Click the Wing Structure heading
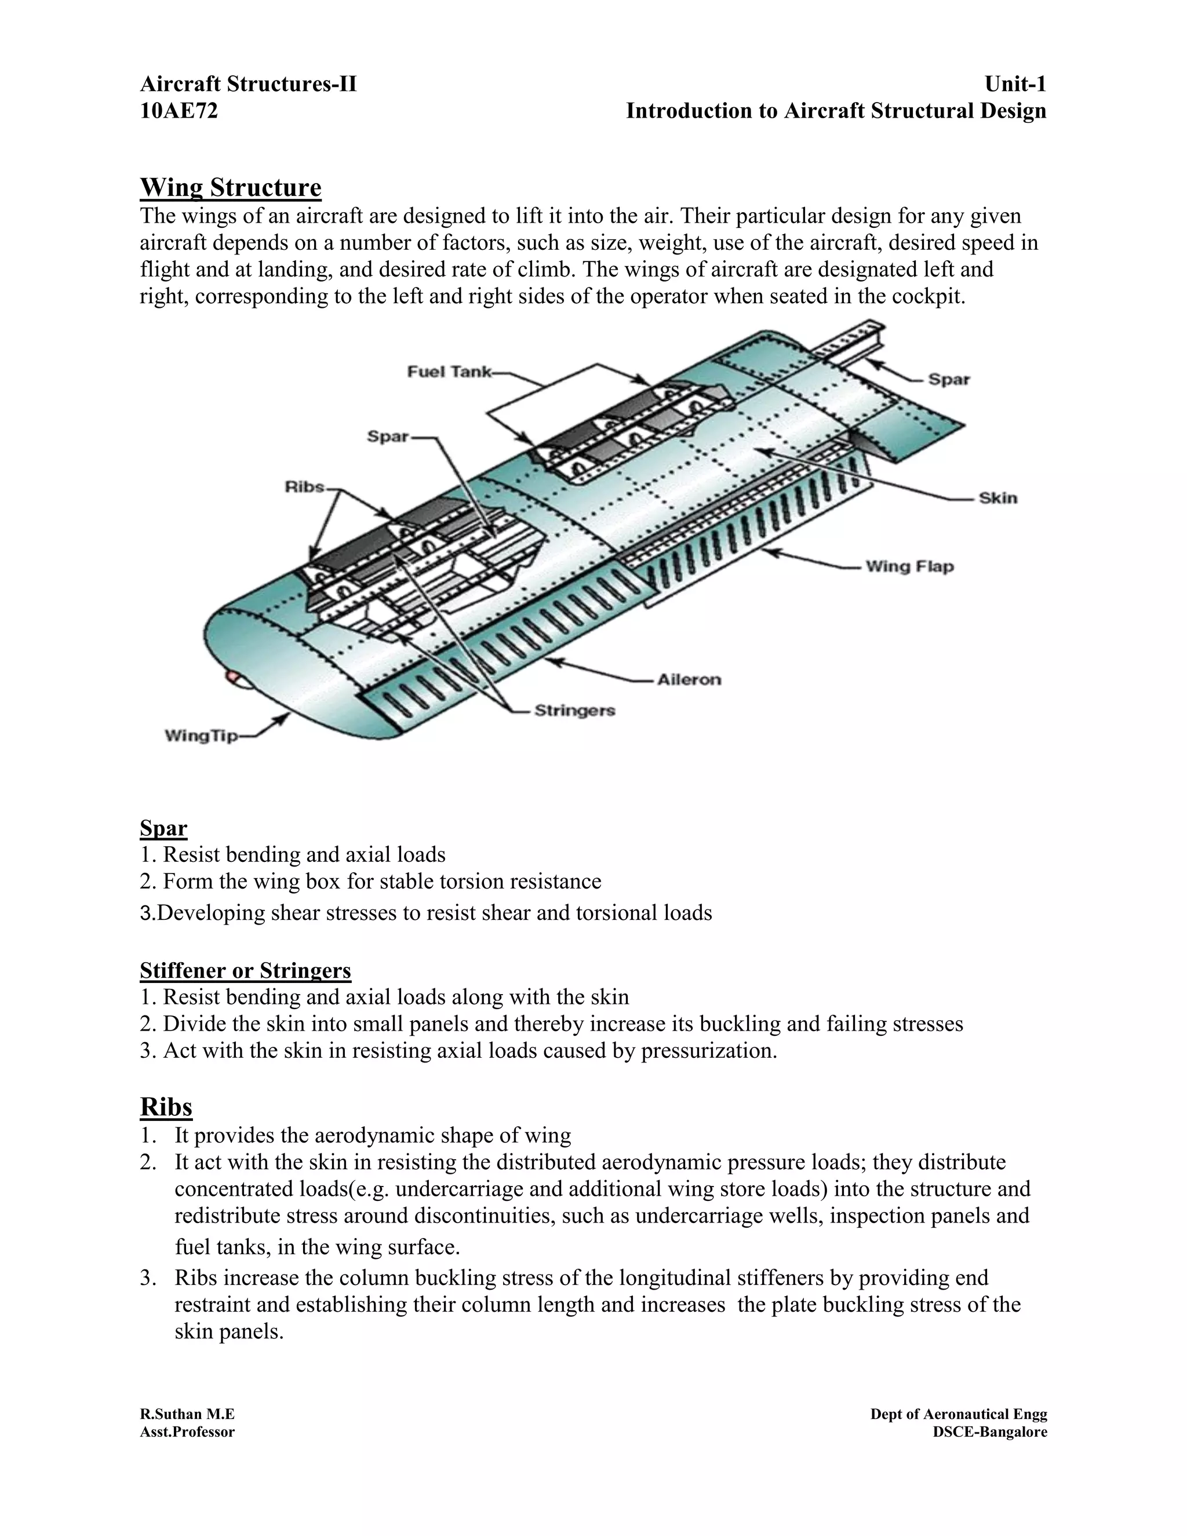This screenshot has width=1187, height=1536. (x=231, y=188)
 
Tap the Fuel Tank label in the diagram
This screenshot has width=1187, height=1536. (x=449, y=372)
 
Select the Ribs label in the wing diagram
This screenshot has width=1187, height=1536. (x=304, y=487)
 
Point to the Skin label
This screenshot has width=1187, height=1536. (x=998, y=498)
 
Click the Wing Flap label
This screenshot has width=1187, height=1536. (x=909, y=566)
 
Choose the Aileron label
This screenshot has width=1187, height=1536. (x=689, y=679)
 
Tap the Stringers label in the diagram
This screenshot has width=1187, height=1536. (x=574, y=711)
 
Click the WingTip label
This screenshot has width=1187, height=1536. (x=201, y=736)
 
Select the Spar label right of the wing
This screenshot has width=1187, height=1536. (x=949, y=379)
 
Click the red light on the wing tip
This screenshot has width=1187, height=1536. (x=231, y=677)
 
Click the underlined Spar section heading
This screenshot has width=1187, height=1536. (x=163, y=828)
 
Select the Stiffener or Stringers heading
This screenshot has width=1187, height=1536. (x=245, y=970)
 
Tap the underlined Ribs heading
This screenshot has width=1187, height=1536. (x=166, y=1106)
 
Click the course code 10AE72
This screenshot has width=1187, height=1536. (x=179, y=111)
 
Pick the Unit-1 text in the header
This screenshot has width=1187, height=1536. (x=1015, y=85)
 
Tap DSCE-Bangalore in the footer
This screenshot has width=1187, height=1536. (x=989, y=1432)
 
